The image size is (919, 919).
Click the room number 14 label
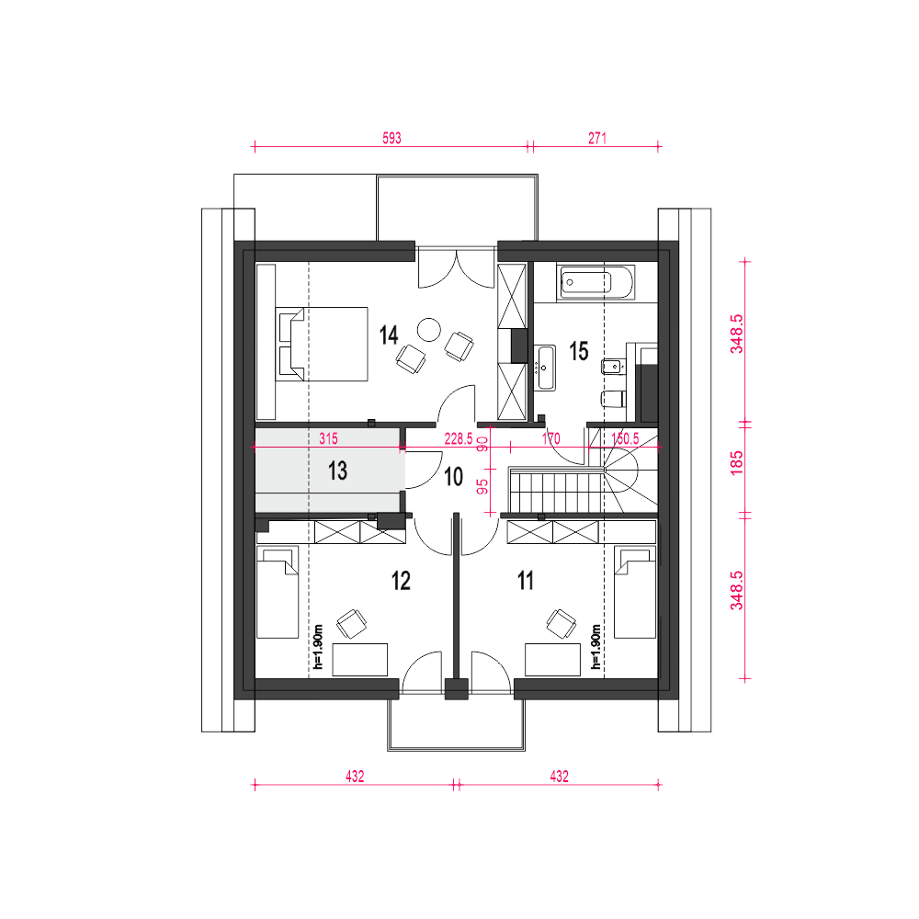click(389, 335)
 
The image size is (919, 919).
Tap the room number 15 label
click(578, 352)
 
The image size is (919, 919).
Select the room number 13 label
click(337, 471)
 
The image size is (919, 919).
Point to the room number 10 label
click(454, 477)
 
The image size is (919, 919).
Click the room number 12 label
click(401, 581)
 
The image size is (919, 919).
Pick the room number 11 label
click(525, 581)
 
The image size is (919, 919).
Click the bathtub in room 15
click(596, 282)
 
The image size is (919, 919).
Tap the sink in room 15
click(544, 368)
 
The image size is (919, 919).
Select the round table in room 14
click(428, 329)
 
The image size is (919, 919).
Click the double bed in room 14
click(322, 344)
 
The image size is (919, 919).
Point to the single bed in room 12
click(278, 592)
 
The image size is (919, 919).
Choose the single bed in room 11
click(635, 592)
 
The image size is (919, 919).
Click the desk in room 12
click(360, 659)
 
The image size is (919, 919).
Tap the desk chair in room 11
click(561, 624)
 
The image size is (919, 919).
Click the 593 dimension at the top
click(391, 139)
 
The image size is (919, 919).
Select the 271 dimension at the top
click(596, 139)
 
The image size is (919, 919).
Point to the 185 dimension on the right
click(737, 462)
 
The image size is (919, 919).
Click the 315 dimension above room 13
click(328, 438)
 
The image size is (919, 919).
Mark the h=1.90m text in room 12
click(318, 646)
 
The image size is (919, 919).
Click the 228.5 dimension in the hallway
click(459, 439)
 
